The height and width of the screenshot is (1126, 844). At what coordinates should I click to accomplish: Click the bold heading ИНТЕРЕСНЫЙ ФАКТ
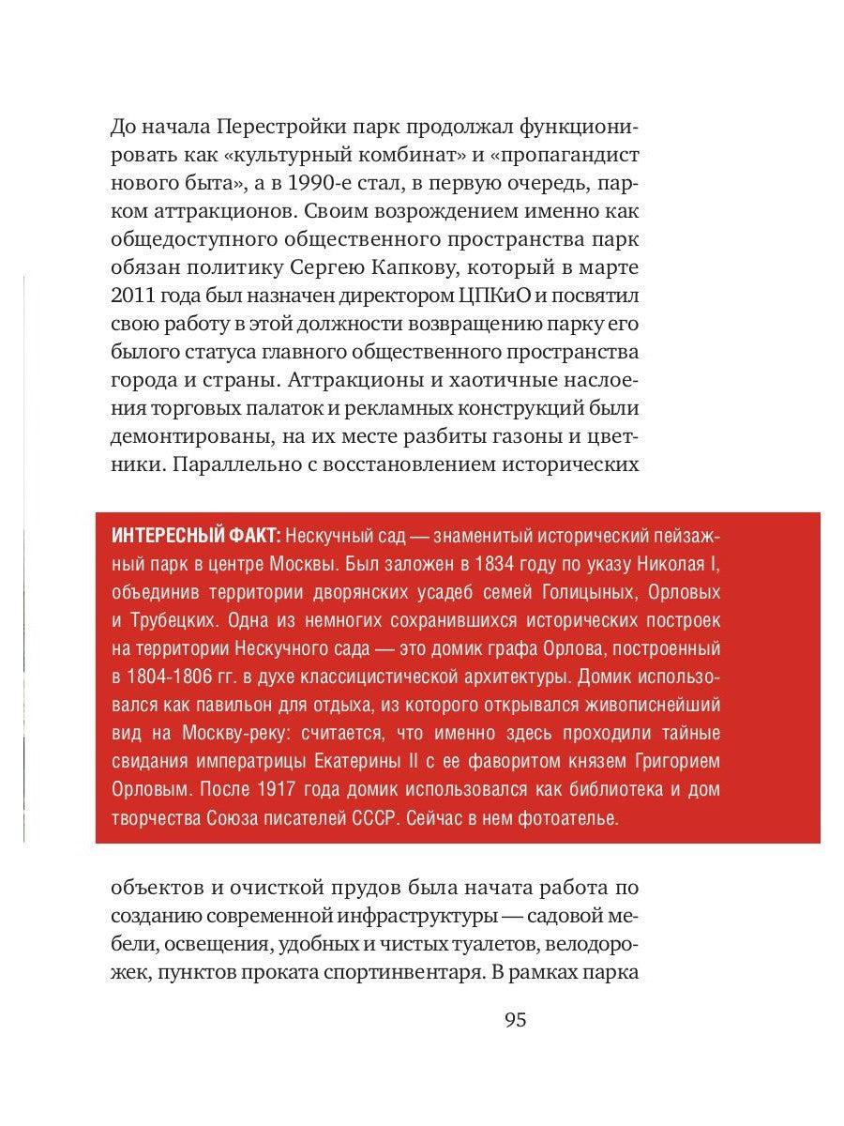coord(194,537)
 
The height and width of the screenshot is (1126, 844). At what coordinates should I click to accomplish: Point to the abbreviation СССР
coord(380,818)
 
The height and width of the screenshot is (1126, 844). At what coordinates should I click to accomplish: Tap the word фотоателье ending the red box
coord(572,818)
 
